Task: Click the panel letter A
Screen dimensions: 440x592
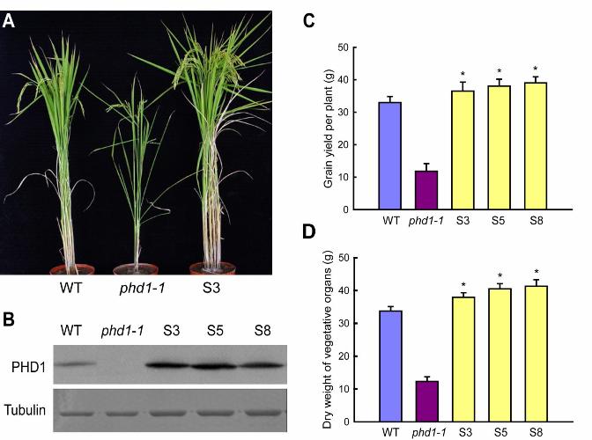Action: [x=10, y=20]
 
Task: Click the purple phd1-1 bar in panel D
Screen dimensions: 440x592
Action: [x=428, y=400]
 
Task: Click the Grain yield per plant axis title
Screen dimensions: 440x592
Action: [x=329, y=128]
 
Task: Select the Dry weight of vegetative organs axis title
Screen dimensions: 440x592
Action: [x=329, y=339]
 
